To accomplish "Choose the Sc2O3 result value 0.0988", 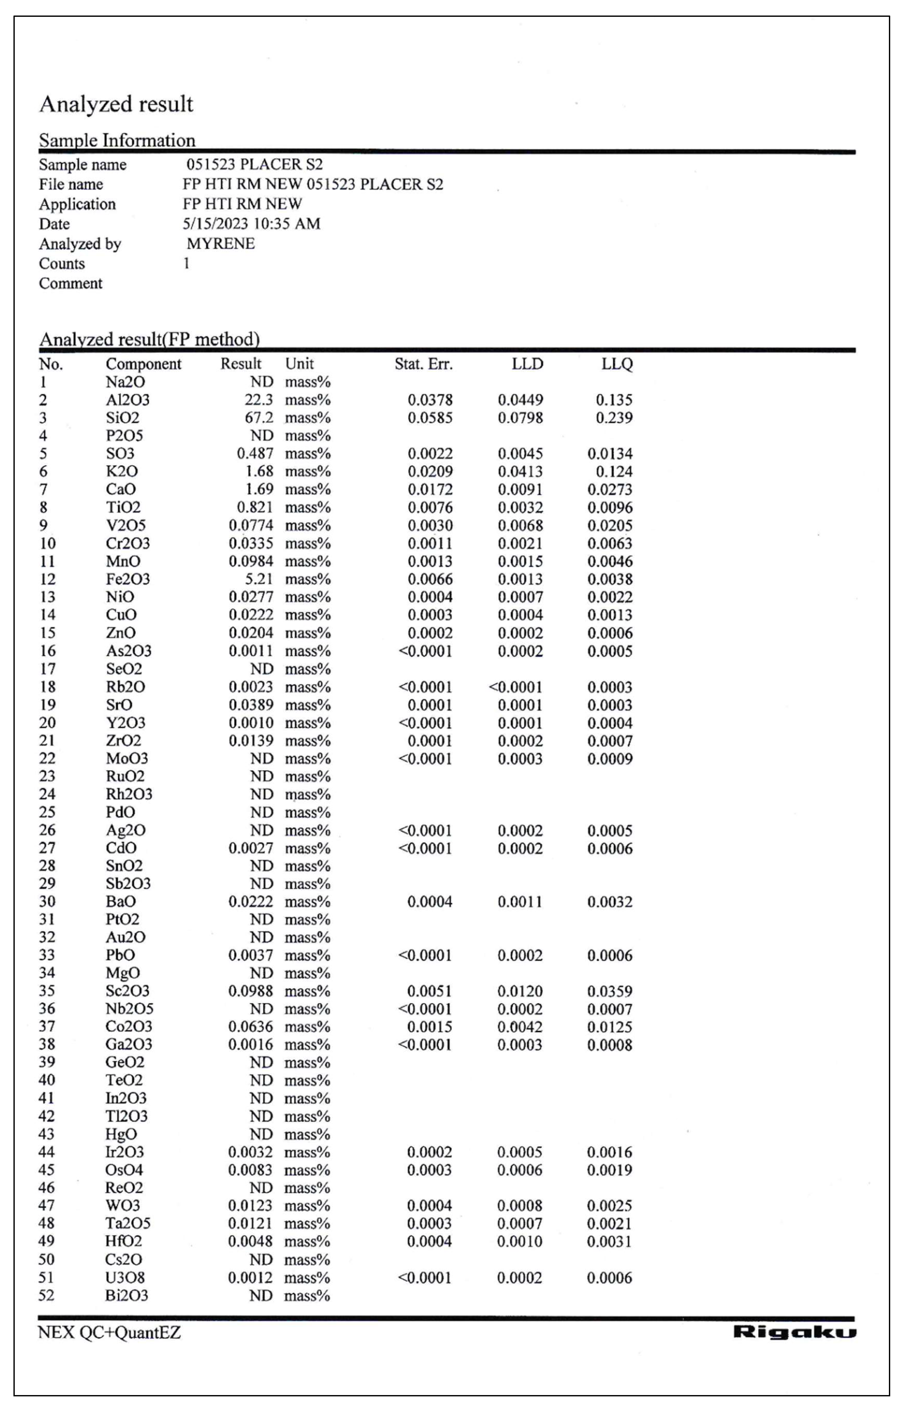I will [x=251, y=991].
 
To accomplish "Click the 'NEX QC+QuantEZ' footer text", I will [x=109, y=1332].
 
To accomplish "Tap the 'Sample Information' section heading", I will [x=117, y=140].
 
